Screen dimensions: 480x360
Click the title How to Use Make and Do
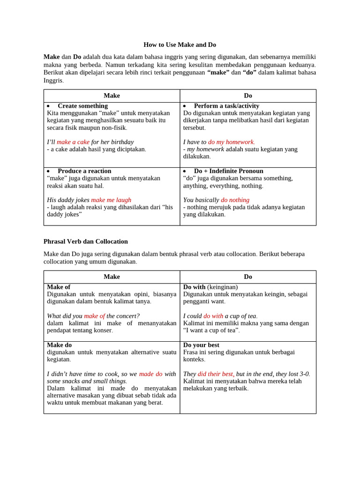(x=180, y=45)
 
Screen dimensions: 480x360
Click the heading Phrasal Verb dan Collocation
(x=85, y=241)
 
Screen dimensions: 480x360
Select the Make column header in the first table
(x=112, y=96)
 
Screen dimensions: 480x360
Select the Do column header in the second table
(x=248, y=277)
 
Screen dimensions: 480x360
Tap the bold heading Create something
(x=82, y=106)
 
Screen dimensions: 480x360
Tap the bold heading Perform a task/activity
(x=226, y=106)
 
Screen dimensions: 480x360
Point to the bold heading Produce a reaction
(x=84, y=171)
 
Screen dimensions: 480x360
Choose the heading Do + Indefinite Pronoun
(x=228, y=171)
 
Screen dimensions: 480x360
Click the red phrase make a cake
(x=73, y=142)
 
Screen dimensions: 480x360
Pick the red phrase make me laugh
(x=111, y=200)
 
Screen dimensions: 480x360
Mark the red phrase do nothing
(x=235, y=200)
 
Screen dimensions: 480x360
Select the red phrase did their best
(x=215, y=374)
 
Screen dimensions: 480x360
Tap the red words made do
(x=150, y=374)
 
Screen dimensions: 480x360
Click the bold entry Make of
(x=59, y=287)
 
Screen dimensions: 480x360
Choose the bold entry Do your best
(x=201, y=345)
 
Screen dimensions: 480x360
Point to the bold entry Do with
(x=194, y=287)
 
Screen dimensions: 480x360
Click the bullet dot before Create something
(x=48, y=106)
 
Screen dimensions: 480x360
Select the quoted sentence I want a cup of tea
(x=211, y=330)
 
